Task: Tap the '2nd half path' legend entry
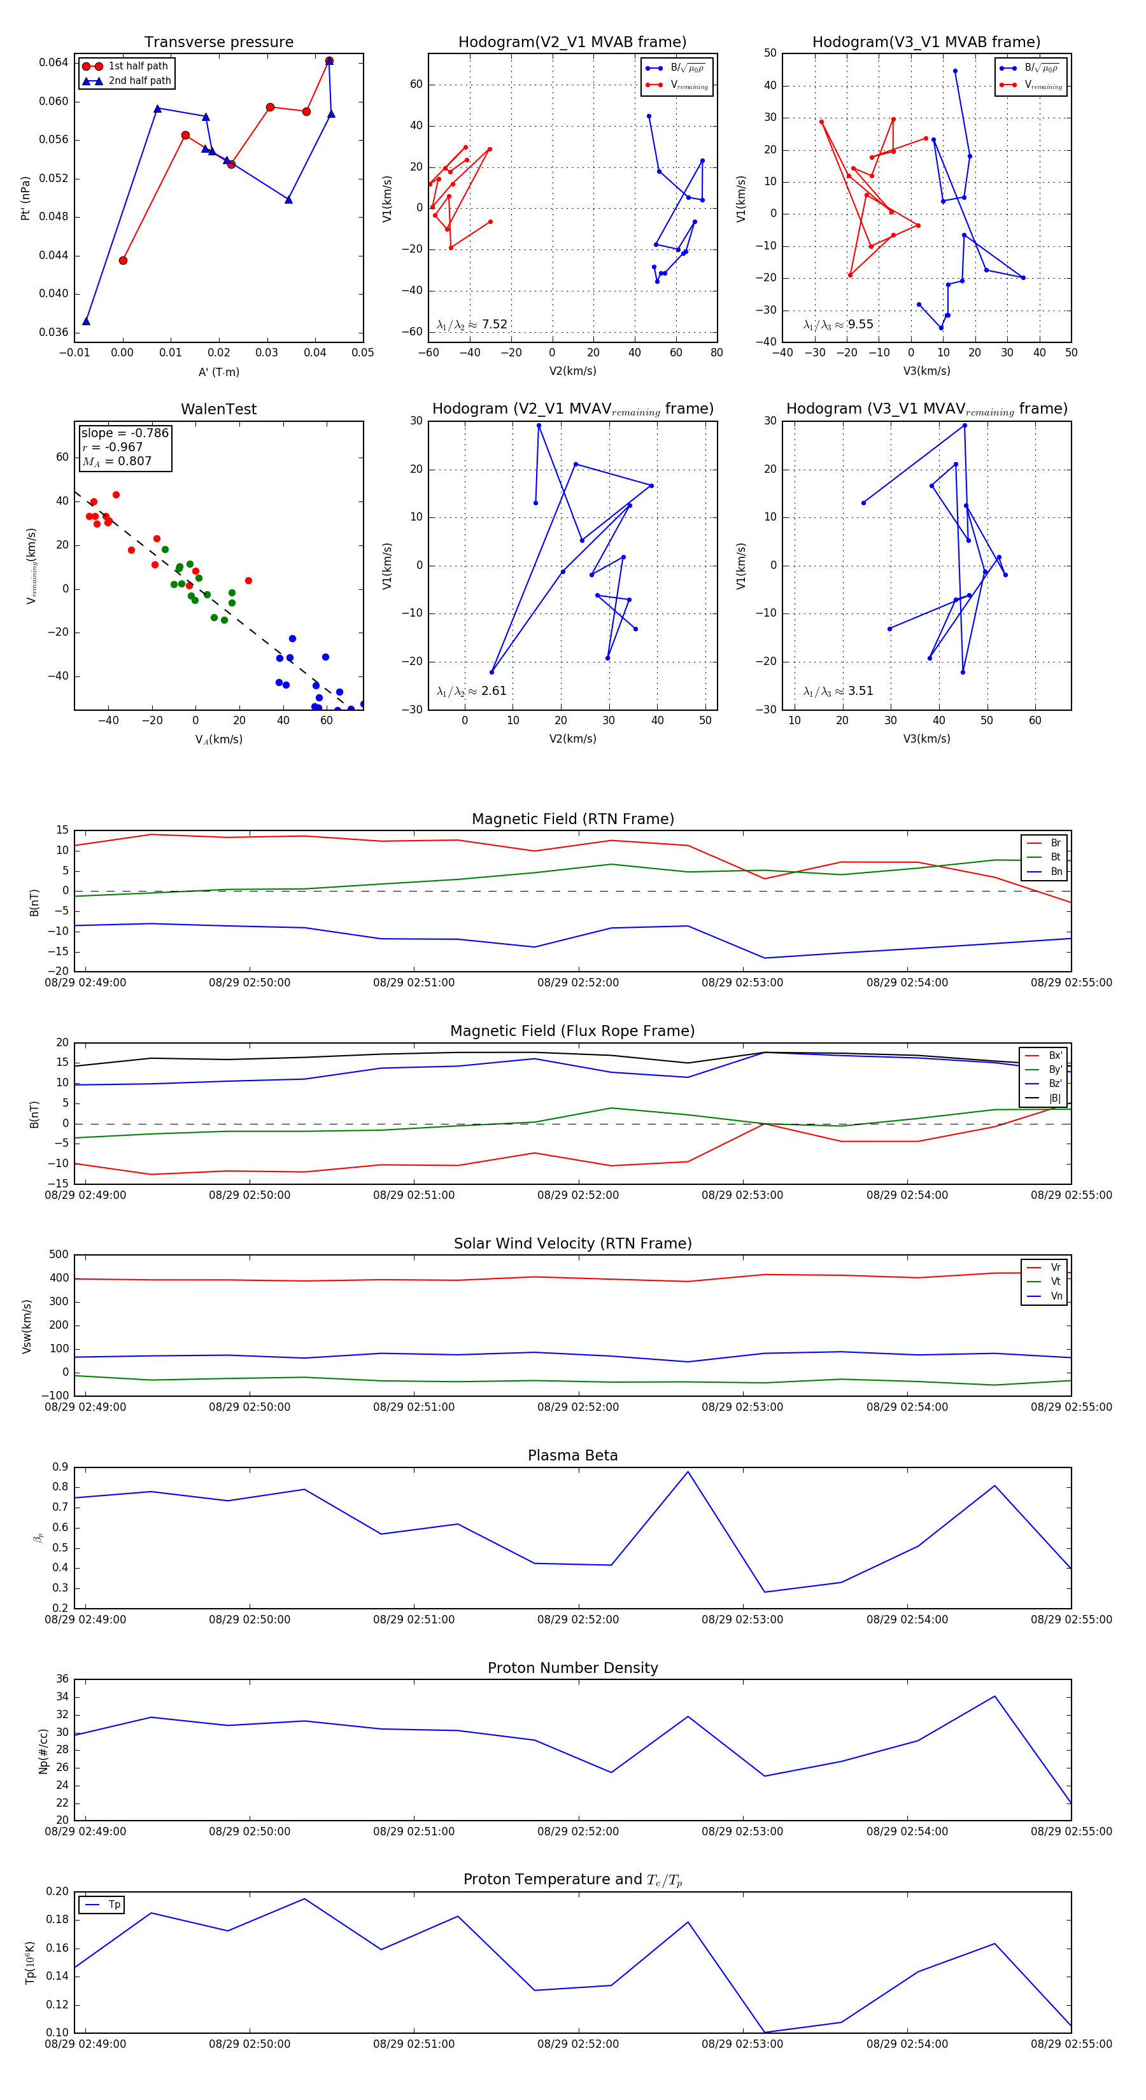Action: tap(139, 81)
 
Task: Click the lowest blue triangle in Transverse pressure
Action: tap(87, 321)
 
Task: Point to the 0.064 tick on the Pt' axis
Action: tap(54, 63)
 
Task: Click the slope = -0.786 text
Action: tap(125, 433)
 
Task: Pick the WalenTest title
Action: tap(218, 409)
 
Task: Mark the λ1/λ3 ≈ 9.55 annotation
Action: tap(838, 325)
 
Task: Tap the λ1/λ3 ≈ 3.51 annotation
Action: tap(838, 691)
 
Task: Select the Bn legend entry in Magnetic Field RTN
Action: tap(1056, 871)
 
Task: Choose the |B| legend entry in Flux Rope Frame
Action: tap(1055, 1098)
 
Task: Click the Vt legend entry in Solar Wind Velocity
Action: tap(1056, 1282)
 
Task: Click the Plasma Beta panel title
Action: tap(572, 1456)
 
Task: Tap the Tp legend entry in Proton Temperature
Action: tap(113, 1905)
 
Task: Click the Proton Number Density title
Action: tap(572, 1668)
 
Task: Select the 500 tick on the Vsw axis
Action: tap(59, 1255)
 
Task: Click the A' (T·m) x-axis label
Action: tap(218, 372)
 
